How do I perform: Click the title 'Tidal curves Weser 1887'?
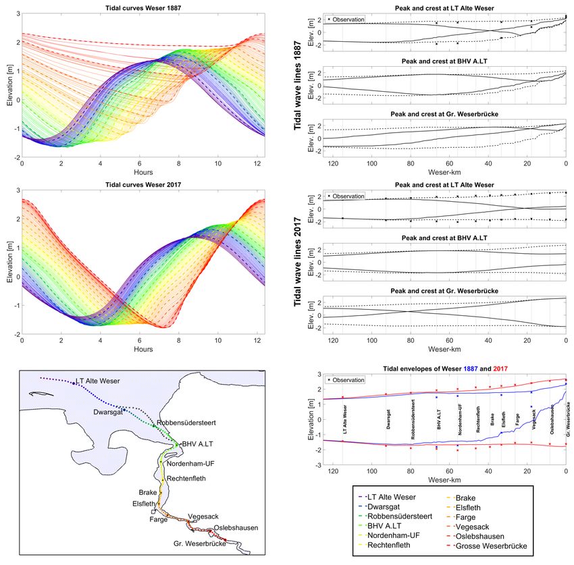pyautogui.click(x=143, y=6)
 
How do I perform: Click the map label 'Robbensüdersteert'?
pyautogui.click(x=186, y=423)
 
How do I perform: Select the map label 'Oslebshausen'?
pyautogui.click(x=236, y=527)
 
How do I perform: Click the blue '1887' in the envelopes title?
pyautogui.click(x=473, y=369)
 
